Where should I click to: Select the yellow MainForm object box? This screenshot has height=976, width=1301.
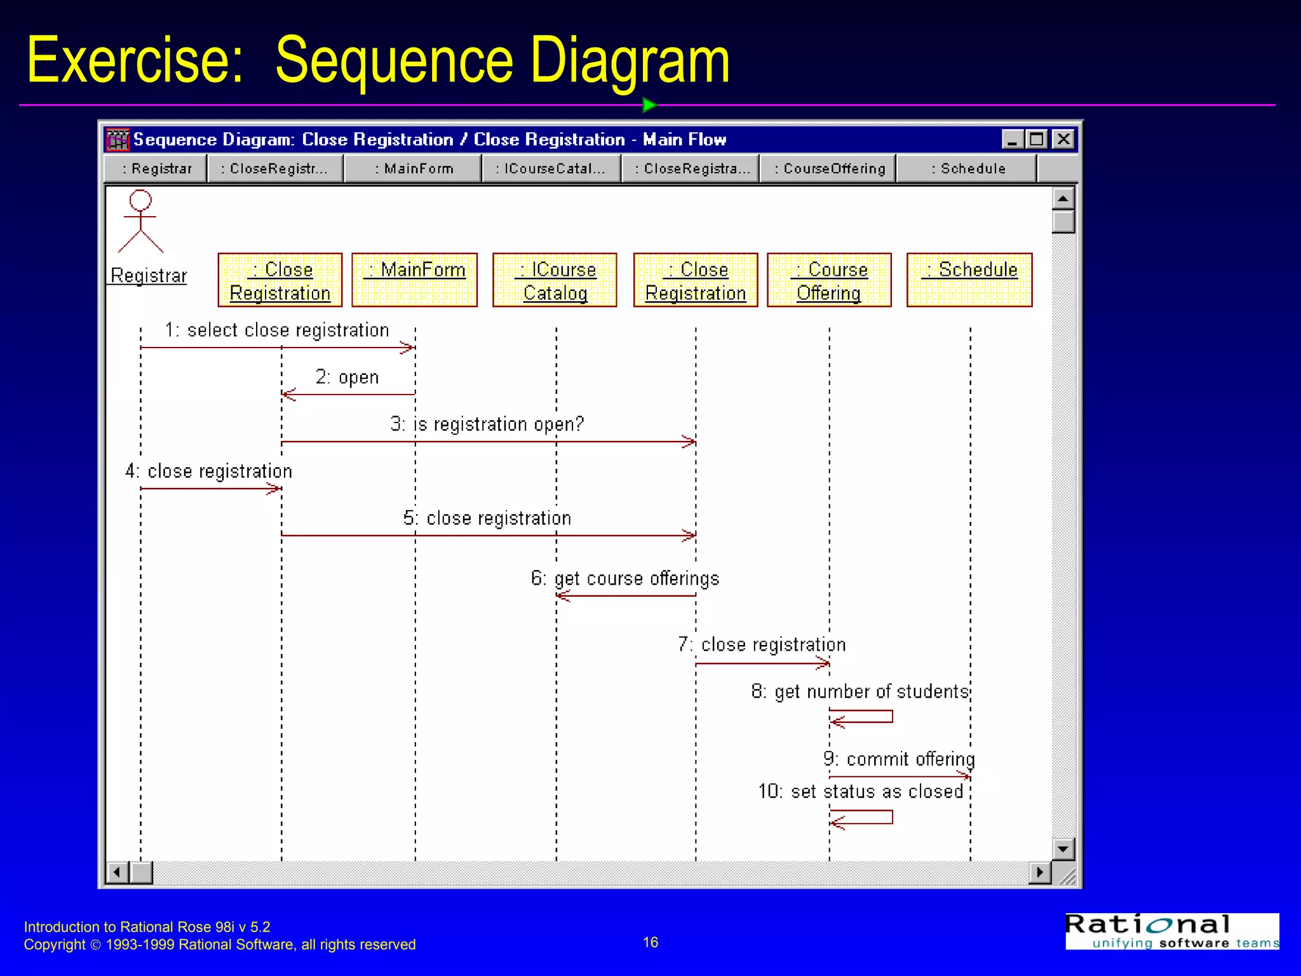pos(414,280)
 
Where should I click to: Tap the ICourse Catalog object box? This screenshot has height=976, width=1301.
pos(555,280)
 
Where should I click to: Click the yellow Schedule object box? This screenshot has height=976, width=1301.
pos(969,280)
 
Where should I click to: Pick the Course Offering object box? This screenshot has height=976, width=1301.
pos(829,280)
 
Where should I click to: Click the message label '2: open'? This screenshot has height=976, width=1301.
pos(347,377)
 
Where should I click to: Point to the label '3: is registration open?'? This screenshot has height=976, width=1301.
pos(487,424)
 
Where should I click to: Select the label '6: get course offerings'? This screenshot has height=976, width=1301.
pos(625,579)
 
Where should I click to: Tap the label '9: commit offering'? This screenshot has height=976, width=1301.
pos(898,759)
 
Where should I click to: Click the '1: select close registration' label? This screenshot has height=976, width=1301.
pos(277,330)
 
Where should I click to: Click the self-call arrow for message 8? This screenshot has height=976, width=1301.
pos(861,717)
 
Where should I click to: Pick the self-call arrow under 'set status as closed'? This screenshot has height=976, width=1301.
pos(861,818)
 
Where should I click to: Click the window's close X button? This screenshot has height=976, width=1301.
pos(1063,139)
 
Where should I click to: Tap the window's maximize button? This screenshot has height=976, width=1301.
pos(1037,139)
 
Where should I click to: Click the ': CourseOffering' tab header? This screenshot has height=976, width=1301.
pos(828,169)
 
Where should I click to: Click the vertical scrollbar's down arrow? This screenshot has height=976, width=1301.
pos(1063,850)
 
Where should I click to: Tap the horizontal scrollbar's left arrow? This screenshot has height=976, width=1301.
pos(117,872)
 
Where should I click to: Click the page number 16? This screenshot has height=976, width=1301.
pos(650,942)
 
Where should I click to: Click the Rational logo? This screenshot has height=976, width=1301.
pos(1172,931)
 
